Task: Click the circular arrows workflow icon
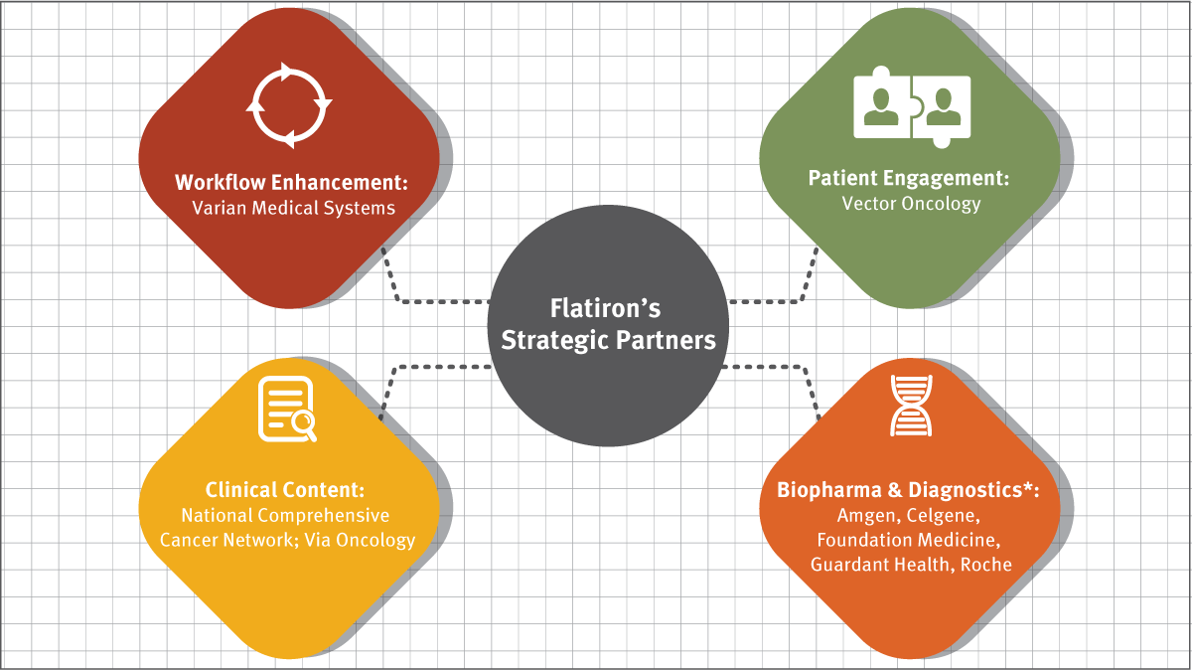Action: (x=288, y=105)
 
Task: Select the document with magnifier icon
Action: (x=288, y=409)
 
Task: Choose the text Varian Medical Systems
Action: (x=292, y=208)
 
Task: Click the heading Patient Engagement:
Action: (x=908, y=179)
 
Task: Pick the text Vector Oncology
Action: (x=911, y=204)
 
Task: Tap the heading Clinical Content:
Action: (x=285, y=490)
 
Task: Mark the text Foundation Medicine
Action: (x=908, y=540)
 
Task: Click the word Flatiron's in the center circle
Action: (x=607, y=308)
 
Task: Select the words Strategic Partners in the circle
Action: (x=608, y=340)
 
